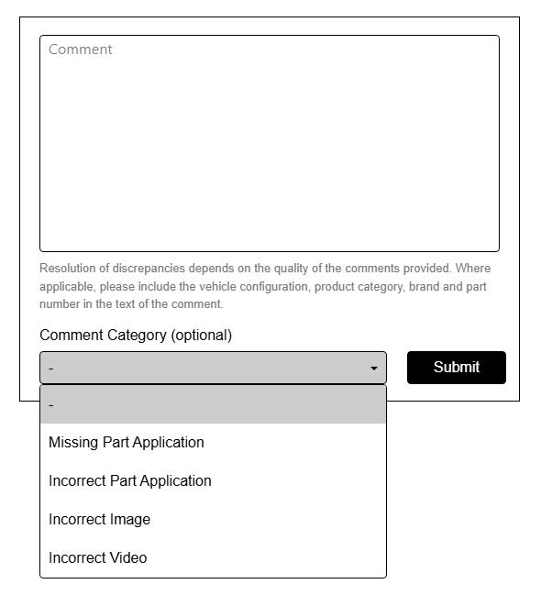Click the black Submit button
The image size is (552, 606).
pyautogui.click(x=456, y=368)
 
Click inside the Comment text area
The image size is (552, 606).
pyautogui.click(x=269, y=147)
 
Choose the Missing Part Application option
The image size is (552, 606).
pyautogui.click(x=127, y=443)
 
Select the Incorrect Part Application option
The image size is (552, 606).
pyautogui.click(x=130, y=481)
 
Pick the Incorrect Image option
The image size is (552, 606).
pyautogui.click(x=99, y=520)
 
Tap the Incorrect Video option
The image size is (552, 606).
pyautogui.click(x=97, y=558)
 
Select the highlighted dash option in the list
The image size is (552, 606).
pyautogui.click(x=213, y=404)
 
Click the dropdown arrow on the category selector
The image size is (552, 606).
pyautogui.click(x=374, y=369)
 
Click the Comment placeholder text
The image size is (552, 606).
pyautogui.click(x=81, y=50)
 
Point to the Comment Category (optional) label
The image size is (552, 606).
pyautogui.click(x=136, y=336)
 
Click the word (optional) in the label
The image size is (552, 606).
pyautogui.click(x=202, y=336)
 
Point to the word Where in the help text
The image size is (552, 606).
pyautogui.click(x=473, y=269)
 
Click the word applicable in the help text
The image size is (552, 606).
pyautogui.click(x=66, y=287)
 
